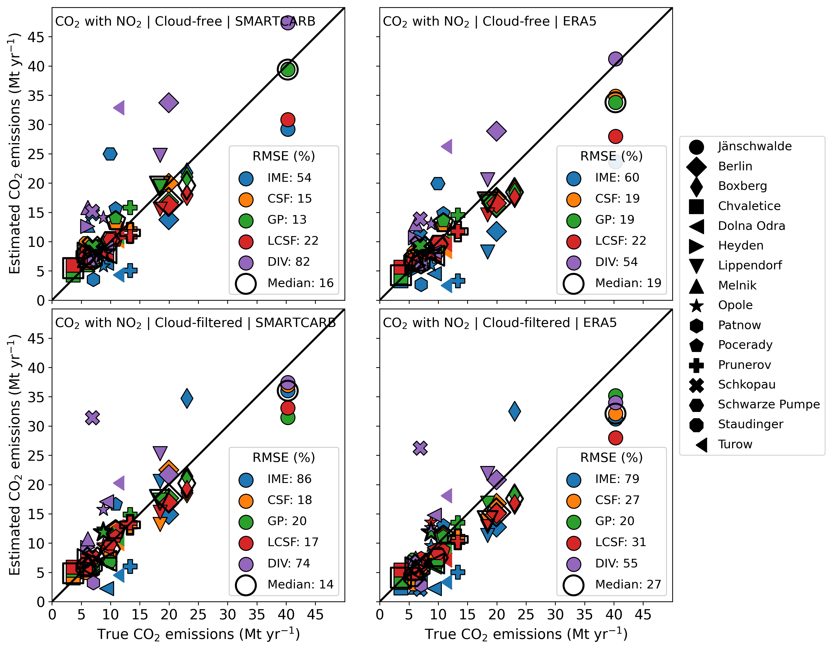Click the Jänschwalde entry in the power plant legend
tap(754, 146)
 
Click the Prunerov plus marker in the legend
tap(696, 365)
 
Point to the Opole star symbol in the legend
tap(696, 305)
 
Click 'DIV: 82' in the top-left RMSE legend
tap(288, 262)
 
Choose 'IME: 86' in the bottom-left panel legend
tap(289, 479)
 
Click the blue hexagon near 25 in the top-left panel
tap(110, 154)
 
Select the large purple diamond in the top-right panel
tap(496, 131)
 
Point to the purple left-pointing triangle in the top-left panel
tap(119, 108)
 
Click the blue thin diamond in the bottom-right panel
tap(515, 411)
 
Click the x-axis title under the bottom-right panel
tap(526, 634)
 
